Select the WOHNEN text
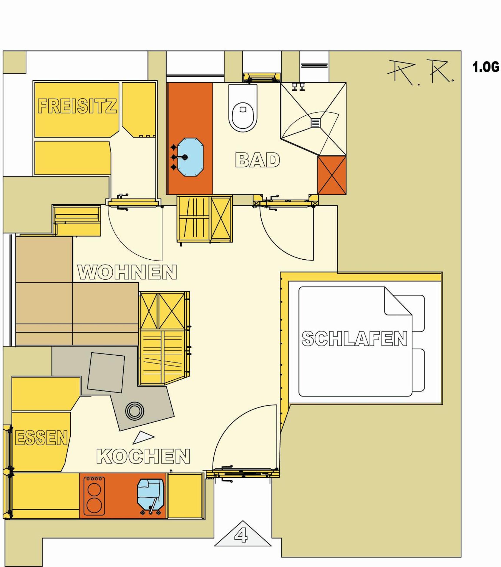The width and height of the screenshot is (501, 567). tap(127, 272)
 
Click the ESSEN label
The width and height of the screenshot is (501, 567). tap(41, 438)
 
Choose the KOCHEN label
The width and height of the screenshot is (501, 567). tap(143, 456)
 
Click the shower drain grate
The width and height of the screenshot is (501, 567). tap(316, 122)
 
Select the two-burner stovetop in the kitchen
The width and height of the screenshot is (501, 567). tap(94, 496)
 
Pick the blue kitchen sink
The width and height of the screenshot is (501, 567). tap(150, 496)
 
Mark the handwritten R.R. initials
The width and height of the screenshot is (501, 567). tap(420, 71)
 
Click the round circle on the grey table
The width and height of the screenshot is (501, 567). tap(134, 411)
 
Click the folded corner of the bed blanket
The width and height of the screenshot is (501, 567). tap(398, 301)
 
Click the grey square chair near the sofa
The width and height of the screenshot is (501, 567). tap(106, 373)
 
